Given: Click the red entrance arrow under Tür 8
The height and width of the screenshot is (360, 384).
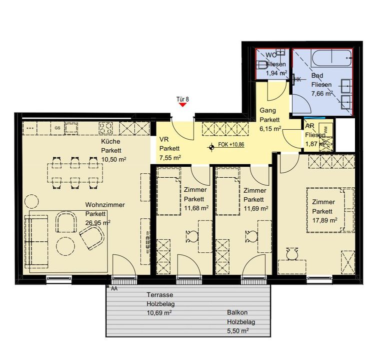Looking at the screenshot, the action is tap(182, 105).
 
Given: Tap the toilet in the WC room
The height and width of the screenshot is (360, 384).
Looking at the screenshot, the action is tap(262, 65).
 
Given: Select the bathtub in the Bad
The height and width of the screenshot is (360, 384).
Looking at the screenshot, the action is tap(332, 58).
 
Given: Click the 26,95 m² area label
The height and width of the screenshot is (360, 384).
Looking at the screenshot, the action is tap(97, 223).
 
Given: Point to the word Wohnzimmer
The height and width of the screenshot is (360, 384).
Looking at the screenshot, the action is tap(105, 205).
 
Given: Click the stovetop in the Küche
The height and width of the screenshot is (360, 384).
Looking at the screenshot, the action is tap(106, 128).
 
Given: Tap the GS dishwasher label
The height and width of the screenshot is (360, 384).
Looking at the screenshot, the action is tap(57, 128).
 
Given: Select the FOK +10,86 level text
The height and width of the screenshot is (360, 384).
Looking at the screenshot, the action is tap(231, 144).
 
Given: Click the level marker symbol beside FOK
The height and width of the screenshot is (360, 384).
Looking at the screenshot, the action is tap(211, 147).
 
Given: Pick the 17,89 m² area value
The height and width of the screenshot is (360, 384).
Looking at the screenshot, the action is tap(324, 220).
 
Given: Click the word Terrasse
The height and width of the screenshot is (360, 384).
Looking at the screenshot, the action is tap(159, 294).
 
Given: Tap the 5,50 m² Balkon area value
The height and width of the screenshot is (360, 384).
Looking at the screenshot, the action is tap(238, 331).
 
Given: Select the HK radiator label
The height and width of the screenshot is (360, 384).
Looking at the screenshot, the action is tap(297, 80).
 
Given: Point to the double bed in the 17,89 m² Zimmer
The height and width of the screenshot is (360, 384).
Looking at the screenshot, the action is tap(330, 210).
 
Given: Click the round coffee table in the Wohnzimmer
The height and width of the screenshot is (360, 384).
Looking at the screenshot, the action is tap(65, 246).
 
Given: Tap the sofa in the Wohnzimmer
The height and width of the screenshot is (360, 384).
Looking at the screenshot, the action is tap(36, 241).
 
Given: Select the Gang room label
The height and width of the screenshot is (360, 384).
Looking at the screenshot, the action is tap(267, 110).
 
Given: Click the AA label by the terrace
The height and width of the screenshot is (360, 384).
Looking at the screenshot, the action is tap(114, 288).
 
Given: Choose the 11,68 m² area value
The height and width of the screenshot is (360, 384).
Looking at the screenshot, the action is tap(196, 208).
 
